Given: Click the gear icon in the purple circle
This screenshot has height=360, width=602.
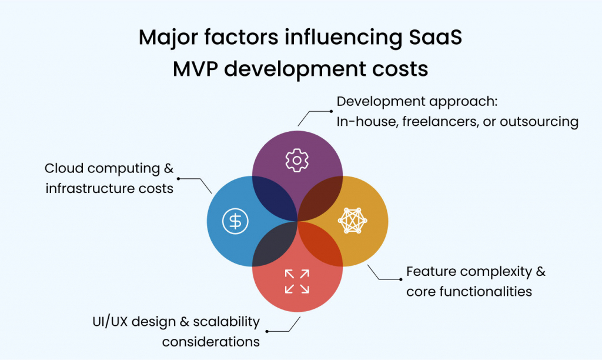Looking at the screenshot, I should pyautogui.click(x=297, y=160).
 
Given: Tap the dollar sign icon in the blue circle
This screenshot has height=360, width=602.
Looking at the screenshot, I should pyautogui.click(x=235, y=221).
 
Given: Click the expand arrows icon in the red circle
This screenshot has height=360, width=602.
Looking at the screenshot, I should pyautogui.click(x=297, y=281).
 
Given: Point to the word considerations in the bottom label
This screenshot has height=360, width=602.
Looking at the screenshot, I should pyautogui.click(x=211, y=341).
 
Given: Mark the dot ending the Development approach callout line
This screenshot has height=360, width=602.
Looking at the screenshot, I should pyautogui.click(x=330, y=110).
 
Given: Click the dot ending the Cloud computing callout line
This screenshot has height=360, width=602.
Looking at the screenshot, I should pyautogui.click(x=179, y=178).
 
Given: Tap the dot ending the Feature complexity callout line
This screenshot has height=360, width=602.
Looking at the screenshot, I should pyautogui.click(x=400, y=279).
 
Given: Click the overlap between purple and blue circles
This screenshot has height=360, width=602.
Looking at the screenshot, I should pyautogui.click(x=274, y=198).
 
